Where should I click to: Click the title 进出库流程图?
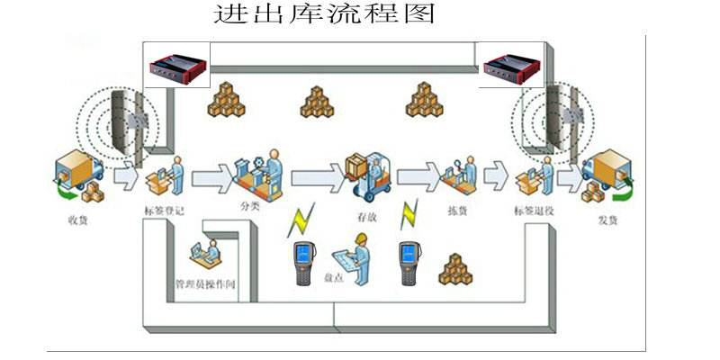point(323,15)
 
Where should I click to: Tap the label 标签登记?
point(163,211)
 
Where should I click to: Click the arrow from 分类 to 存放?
point(316,171)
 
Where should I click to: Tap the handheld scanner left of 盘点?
point(302,262)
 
